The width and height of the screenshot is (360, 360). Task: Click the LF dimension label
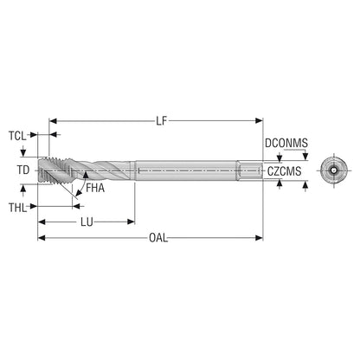162,121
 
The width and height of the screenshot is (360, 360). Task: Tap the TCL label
17,136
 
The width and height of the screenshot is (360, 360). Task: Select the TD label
23,170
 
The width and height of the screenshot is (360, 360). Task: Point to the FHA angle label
95,188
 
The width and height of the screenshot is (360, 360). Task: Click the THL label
17,208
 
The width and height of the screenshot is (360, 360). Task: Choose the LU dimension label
87,222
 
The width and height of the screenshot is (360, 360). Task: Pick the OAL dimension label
158,238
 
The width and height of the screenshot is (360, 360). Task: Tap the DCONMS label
286,143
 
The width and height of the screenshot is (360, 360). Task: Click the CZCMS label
284,171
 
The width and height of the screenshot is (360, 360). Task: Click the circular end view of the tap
334,170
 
